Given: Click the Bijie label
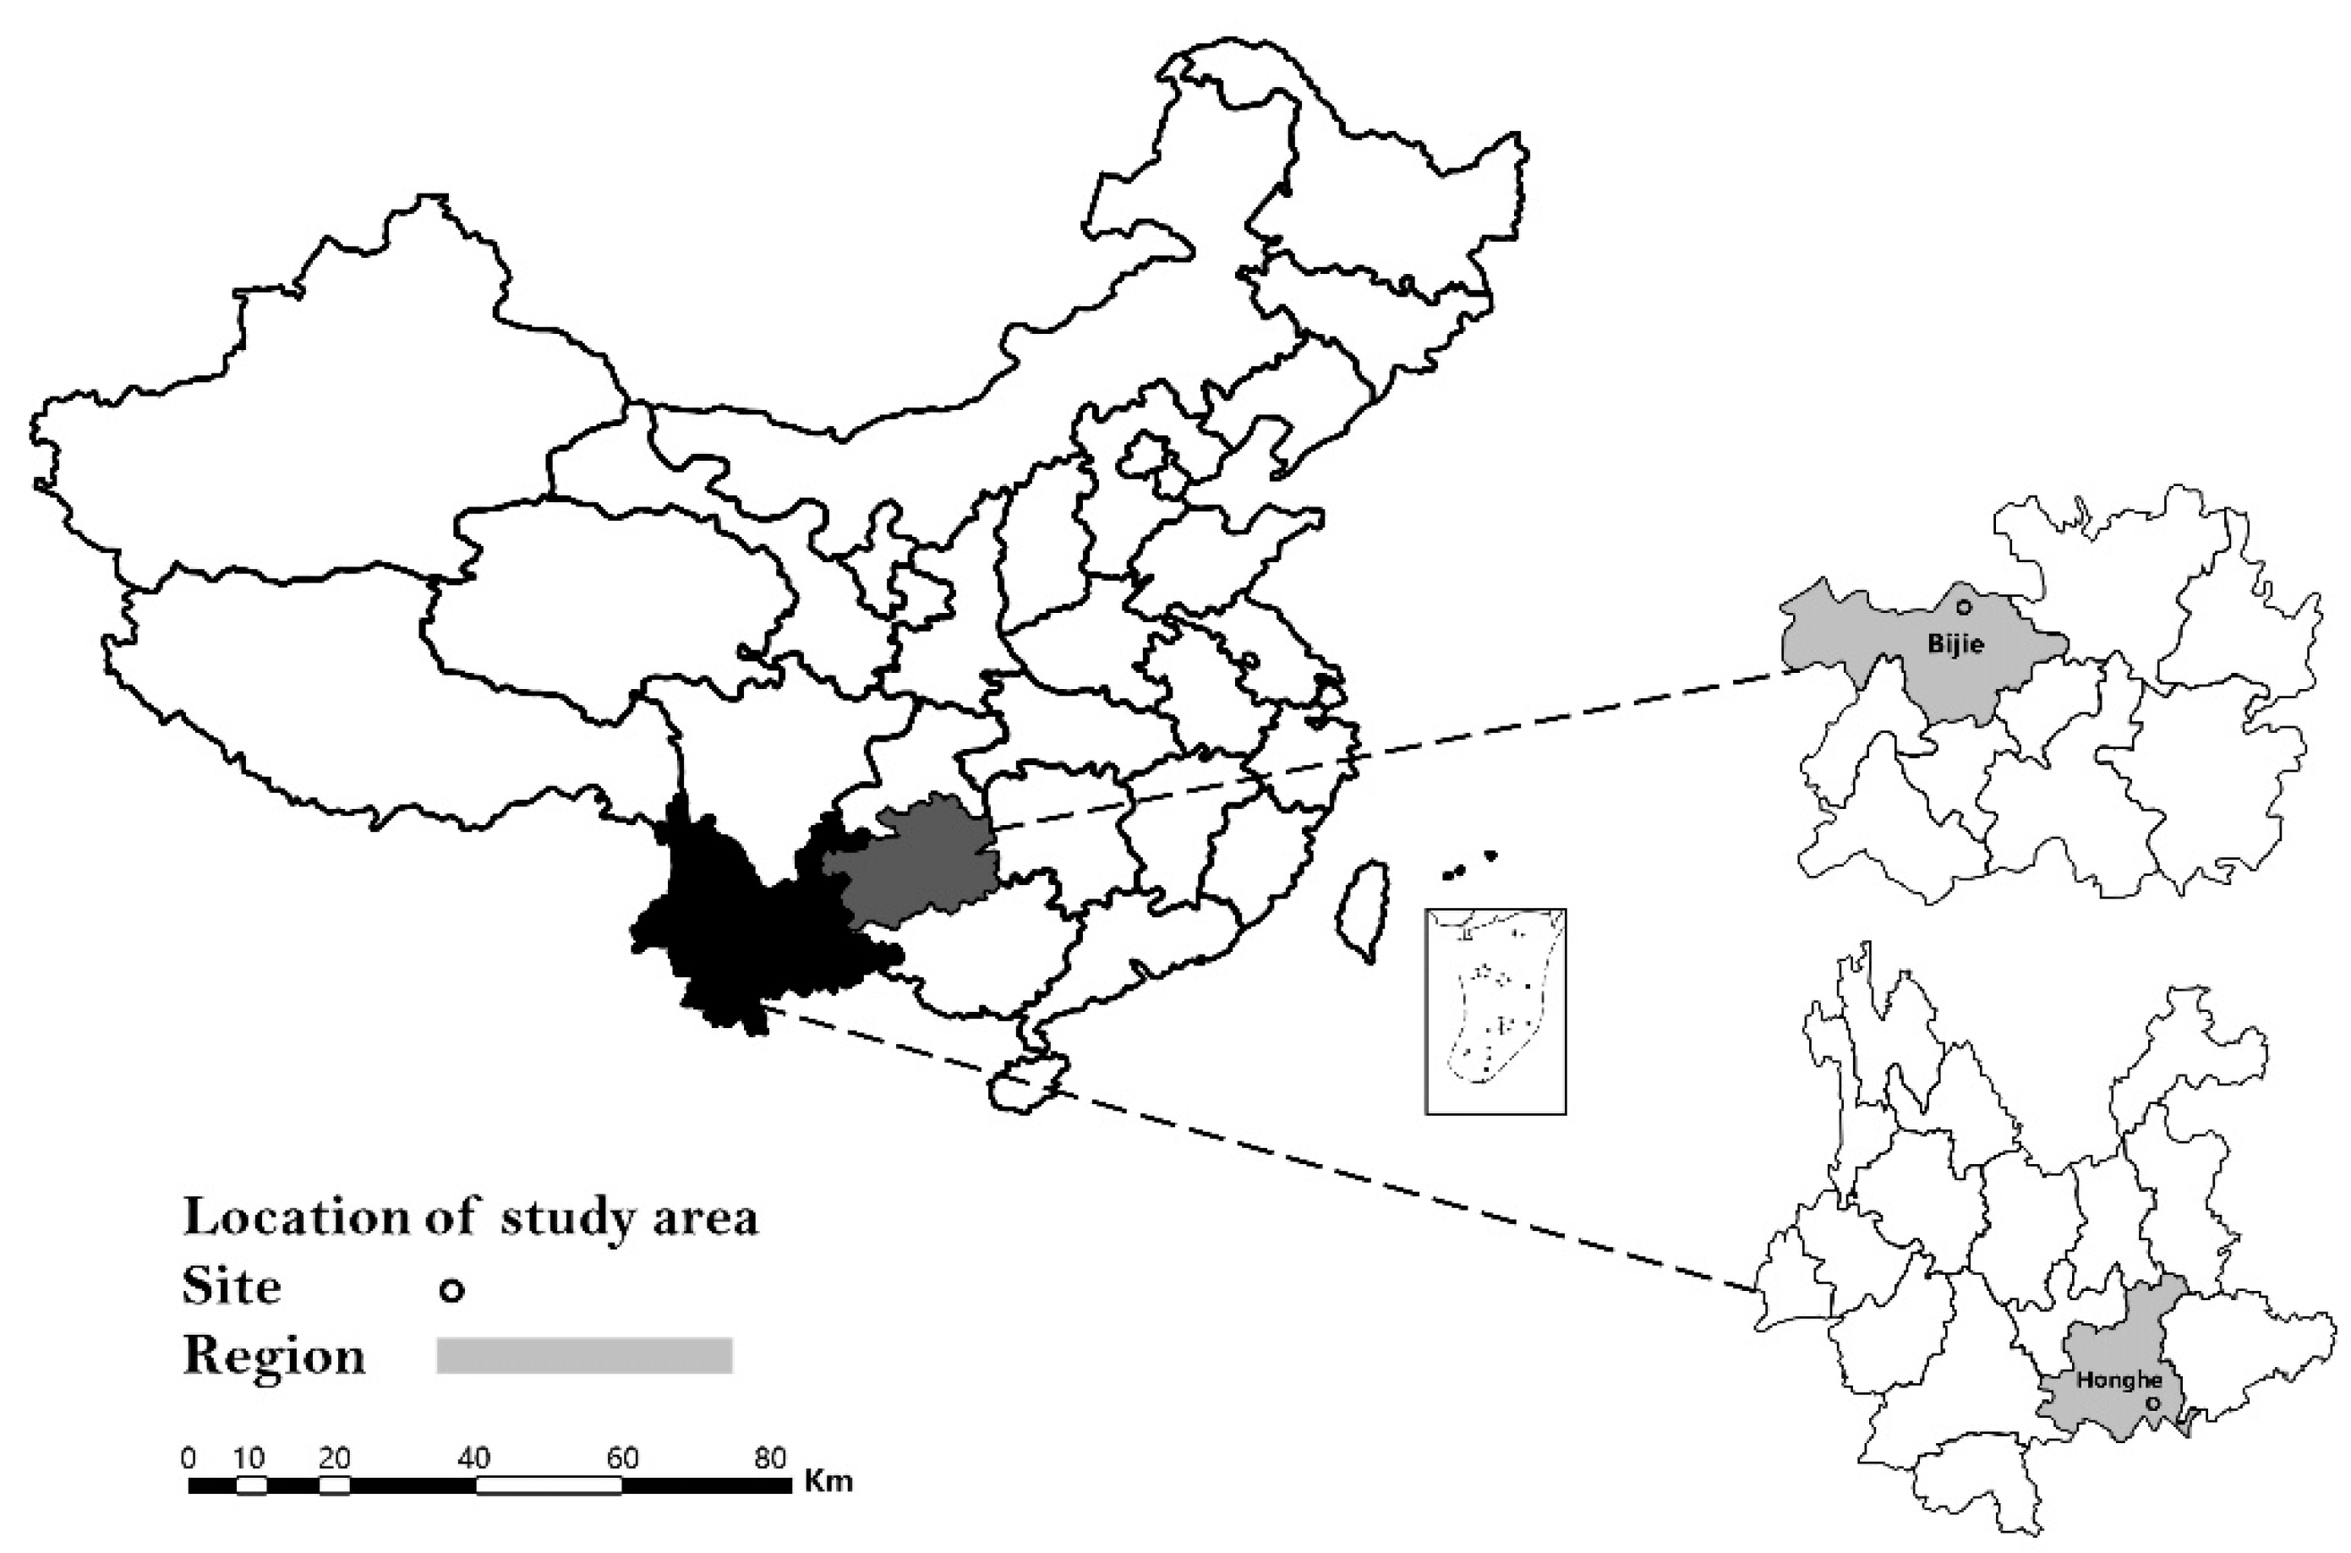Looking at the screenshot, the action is (x=1955, y=644).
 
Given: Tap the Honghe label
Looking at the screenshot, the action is (x=2119, y=1380).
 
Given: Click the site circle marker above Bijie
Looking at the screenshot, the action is (x=1964, y=607).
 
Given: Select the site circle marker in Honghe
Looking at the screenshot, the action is (x=2151, y=1403).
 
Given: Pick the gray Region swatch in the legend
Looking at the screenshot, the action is (x=584, y=1355).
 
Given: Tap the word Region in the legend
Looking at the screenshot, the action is (x=274, y=1356).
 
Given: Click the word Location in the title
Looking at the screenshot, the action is (x=295, y=1217).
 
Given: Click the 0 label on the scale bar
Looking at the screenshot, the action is (x=189, y=1458).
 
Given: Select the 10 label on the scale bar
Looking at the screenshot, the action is (x=249, y=1458).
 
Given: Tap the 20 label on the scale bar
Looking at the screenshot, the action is (x=335, y=1458).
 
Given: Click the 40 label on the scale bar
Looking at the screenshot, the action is (x=474, y=1458).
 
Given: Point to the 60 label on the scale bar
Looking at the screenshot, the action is (x=622, y=1458).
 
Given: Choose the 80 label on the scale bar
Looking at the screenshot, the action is (x=769, y=1458).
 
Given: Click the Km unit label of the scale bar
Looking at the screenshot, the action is (x=828, y=1482).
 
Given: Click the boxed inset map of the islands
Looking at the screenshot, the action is (x=1495, y=1010).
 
